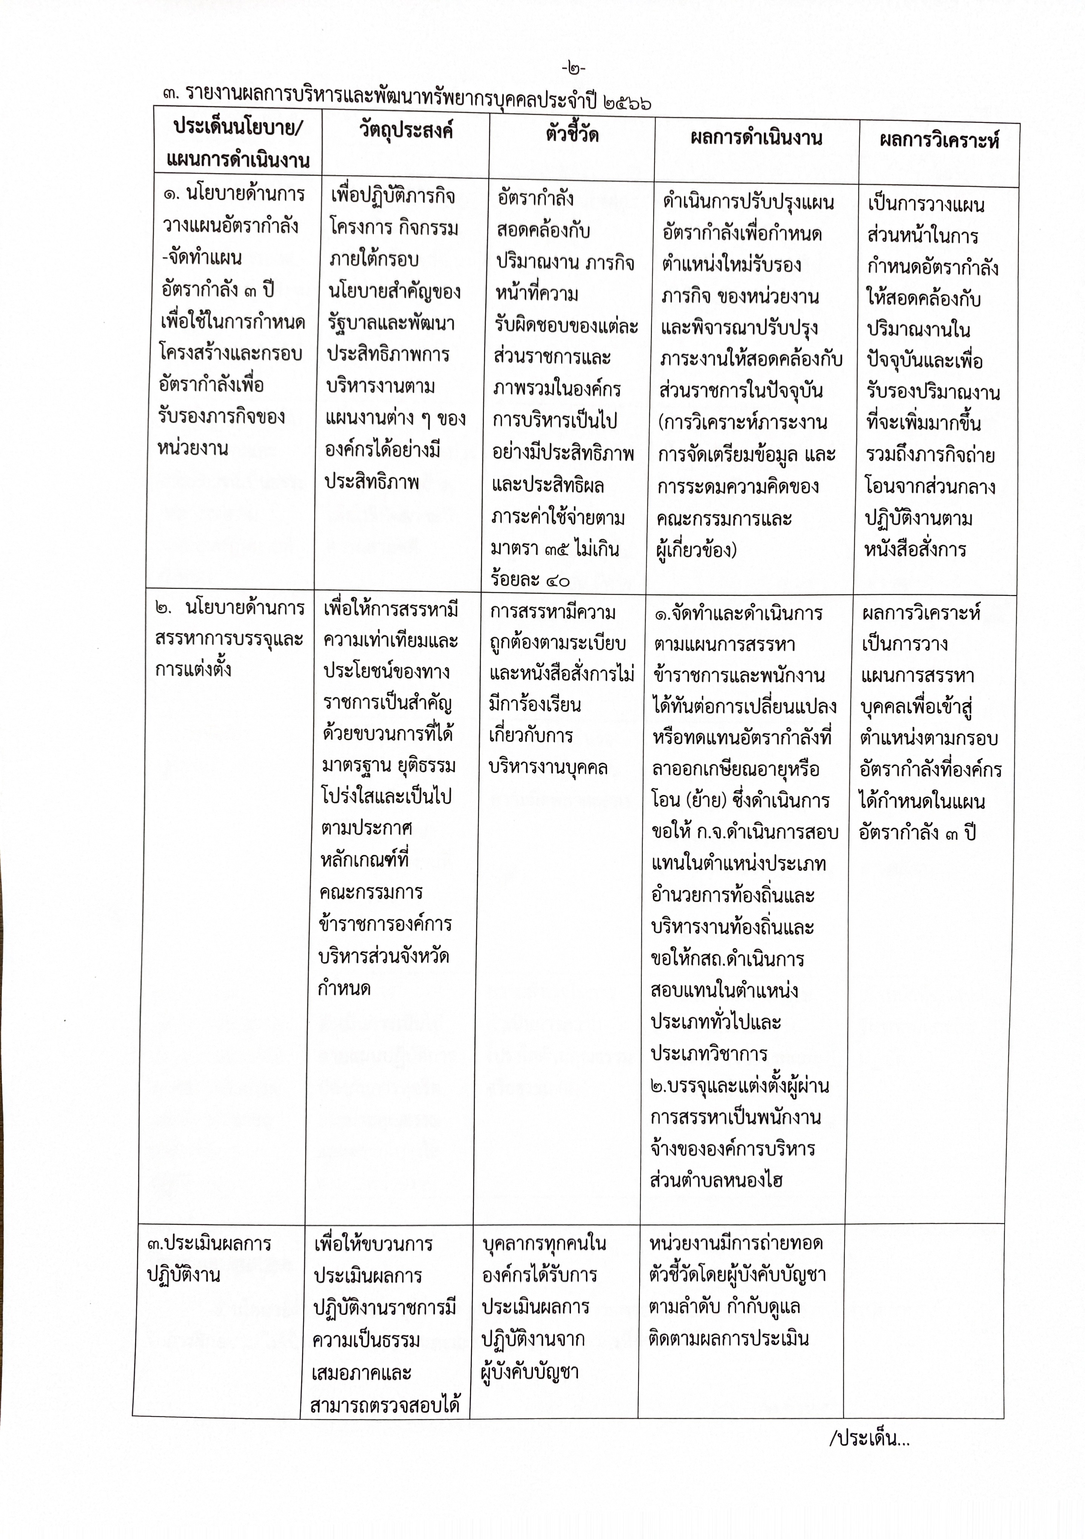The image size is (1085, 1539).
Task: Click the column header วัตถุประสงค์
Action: pos(406,130)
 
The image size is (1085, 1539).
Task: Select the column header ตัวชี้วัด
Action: pos(571,135)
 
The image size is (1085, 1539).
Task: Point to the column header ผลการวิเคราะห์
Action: pos(939,141)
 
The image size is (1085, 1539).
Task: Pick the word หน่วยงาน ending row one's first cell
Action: pos(193,448)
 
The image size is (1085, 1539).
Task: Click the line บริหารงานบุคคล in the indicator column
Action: pos(549,767)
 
